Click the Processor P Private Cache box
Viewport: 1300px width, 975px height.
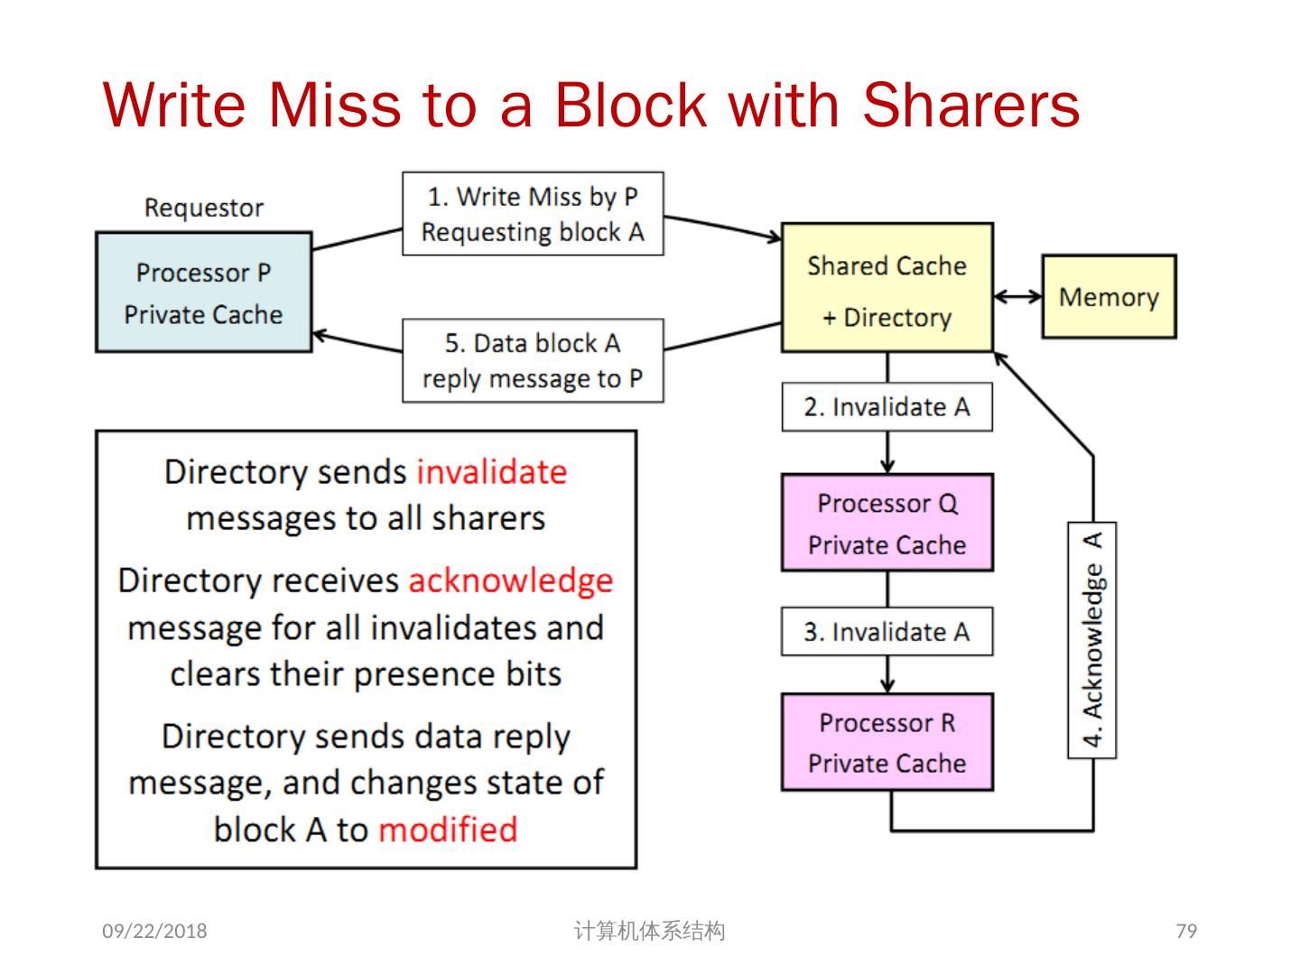coord(203,292)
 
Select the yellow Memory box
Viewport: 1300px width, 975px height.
coord(1109,297)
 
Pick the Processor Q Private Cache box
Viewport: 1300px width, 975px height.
coord(887,523)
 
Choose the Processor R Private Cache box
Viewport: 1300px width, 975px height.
coord(887,742)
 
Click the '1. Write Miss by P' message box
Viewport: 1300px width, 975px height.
coord(533,214)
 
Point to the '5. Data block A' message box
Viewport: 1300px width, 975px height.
coord(533,360)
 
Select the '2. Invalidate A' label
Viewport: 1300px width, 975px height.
coord(887,407)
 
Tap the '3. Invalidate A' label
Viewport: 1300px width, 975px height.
coord(887,631)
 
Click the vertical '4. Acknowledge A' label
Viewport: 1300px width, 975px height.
coord(1092,639)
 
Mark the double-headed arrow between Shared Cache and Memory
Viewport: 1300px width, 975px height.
coord(1017,296)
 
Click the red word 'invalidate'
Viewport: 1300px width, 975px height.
coord(491,472)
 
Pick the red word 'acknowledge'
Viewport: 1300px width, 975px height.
coord(510,580)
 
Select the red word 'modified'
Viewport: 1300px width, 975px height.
coord(448,829)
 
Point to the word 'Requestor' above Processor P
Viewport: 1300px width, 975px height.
coord(204,208)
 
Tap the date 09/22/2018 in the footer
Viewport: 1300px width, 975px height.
coord(154,931)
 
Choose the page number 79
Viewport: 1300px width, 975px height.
coord(1186,931)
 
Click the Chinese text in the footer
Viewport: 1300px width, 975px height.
coord(649,931)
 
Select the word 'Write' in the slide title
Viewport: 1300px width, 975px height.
coord(174,105)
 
